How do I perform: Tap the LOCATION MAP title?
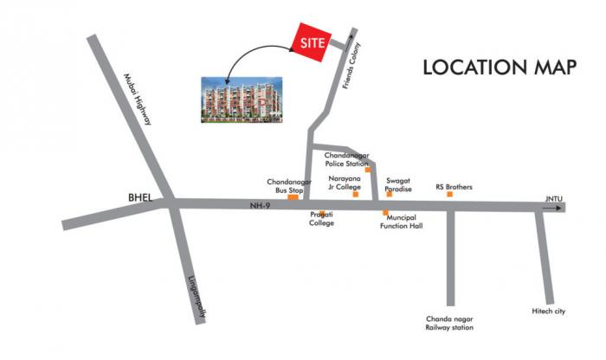[499, 68]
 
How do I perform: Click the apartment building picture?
[242, 100]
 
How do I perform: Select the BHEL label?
[140, 198]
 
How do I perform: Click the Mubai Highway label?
[137, 100]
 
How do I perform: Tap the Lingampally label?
[198, 299]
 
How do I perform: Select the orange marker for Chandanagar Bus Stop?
[293, 198]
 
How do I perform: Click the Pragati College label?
[322, 218]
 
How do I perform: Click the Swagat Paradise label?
[398, 185]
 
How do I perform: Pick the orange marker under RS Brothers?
[449, 194]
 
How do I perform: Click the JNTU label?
[553, 199]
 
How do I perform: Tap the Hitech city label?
[548, 311]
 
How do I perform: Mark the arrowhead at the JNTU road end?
[561, 208]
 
